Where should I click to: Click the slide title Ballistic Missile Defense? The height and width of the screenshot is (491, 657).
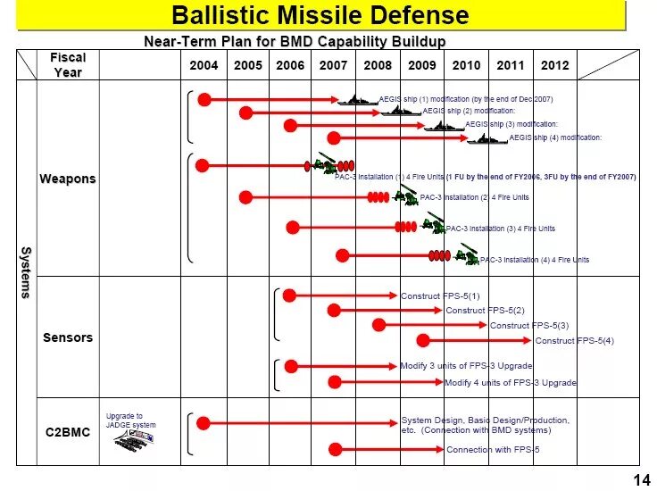coord(320,15)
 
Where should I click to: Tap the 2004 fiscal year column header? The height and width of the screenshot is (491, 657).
coord(204,65)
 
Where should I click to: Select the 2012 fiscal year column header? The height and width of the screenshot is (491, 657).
coord(554,65)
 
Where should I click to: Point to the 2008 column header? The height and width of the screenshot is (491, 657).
coord(378,65)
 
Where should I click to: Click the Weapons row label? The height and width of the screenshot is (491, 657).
coord(68,179)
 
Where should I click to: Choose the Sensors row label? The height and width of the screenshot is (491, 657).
coord(68,337)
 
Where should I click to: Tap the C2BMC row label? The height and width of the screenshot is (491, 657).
coord(68,433)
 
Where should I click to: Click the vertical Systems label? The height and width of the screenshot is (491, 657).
coord(27,272)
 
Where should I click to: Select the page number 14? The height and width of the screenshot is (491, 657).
coord(641,480)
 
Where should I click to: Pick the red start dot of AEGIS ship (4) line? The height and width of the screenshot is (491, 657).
coord(334,137)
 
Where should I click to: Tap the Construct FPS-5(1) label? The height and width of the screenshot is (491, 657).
coord(440,295)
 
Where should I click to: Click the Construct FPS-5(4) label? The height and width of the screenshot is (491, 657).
coord(575,341)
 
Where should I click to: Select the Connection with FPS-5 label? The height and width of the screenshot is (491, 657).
coord(493,450)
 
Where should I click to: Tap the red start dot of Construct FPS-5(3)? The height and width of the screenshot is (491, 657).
coord(378,325)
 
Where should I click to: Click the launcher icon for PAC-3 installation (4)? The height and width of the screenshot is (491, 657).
coord(467,257)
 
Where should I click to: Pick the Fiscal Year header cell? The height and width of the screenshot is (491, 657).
coord(68,65)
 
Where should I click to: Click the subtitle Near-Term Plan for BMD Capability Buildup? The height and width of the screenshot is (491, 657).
coord(295,41)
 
